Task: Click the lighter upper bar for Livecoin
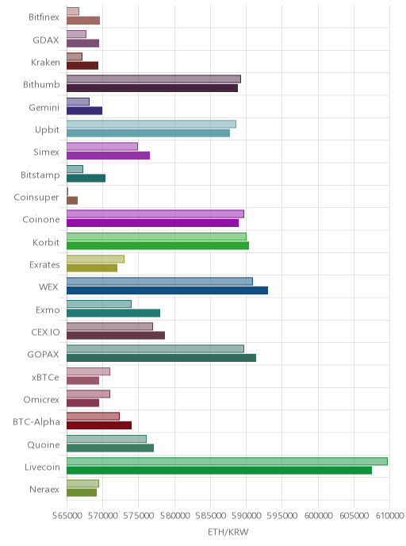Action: coord(227,461)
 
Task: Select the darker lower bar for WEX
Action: coord(167,290)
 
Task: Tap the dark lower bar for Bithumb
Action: coord(152,88)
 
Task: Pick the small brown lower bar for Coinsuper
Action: coord(72,201)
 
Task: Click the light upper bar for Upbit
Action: coord(151,124)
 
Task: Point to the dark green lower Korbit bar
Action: coord(158,245)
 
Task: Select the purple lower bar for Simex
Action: coord(108,156)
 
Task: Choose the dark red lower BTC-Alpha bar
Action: coord(99,425)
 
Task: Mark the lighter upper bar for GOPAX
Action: coord(155,349)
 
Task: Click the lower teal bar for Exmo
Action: coord(113,313)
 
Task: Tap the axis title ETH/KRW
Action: coord(228,532)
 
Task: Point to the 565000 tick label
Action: coord(67,515)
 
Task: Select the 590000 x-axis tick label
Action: coord(247,515)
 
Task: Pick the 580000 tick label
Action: coord(174,515)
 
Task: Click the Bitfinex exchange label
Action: coord(44,17)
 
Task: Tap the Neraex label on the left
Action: coord(44,489)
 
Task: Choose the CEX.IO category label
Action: coord(45,333)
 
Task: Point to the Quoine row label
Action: coord(44,444)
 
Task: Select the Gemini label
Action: coord(44,107)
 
